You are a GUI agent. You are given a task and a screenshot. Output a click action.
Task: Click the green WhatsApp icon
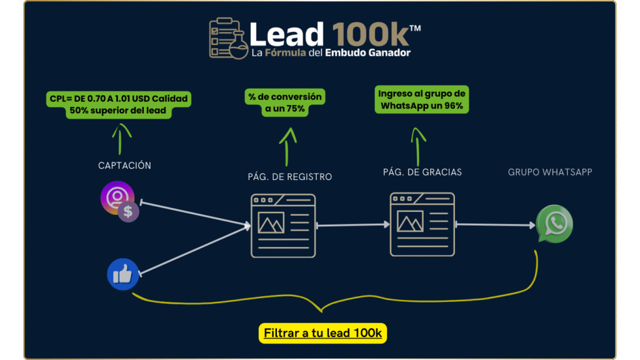coord(555,224)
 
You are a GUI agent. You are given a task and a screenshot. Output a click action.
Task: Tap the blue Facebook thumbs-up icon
coord(123,274)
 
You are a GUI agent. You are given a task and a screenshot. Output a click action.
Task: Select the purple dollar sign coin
coord(128,211)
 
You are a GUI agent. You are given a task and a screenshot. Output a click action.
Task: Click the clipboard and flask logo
coord(228,38)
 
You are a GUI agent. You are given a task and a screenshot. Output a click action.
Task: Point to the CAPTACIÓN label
coord(124,165)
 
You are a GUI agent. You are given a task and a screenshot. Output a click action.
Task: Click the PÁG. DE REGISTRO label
coord(290,177)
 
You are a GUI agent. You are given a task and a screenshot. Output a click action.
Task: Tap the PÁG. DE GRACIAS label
coord(422,172)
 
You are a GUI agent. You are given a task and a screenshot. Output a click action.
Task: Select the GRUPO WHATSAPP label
coord(550,172)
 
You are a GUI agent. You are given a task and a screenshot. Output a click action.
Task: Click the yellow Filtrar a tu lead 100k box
coord(322,333)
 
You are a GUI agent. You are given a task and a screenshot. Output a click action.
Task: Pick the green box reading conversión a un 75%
coord(285,102)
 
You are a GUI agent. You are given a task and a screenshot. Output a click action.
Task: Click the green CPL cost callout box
coord(119,104)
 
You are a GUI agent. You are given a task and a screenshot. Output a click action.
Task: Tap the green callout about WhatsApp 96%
coord(422,99)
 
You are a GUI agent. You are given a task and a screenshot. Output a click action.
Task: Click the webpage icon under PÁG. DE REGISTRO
coord(283,226)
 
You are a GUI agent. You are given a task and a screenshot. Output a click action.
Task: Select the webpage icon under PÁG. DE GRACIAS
coord(422,224)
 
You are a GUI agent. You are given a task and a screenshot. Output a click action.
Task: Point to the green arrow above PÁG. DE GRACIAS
coord(417,147)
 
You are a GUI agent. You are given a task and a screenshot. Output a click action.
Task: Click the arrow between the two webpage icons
coord(353,224)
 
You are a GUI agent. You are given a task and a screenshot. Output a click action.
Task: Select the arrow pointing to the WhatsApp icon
coord(496,224)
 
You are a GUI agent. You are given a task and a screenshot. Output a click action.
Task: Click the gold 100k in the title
coord(370,35)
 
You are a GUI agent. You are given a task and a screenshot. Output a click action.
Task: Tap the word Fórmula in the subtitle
coord(285,52)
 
